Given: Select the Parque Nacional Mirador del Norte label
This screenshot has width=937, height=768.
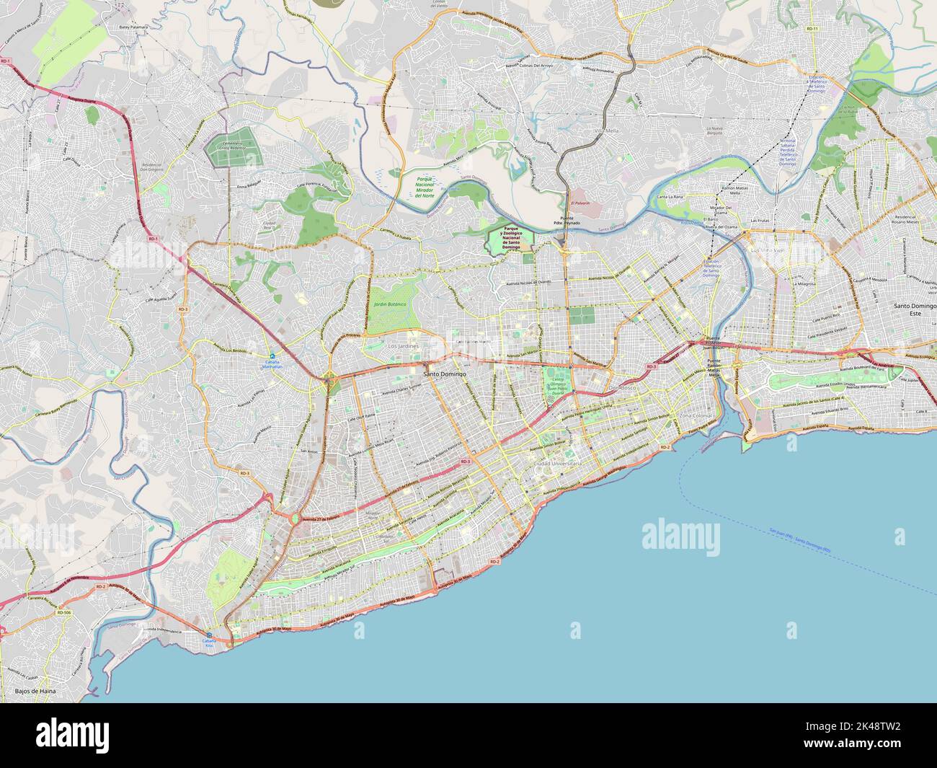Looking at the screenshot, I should [419, 186].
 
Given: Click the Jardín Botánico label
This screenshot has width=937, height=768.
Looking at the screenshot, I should [390, 305].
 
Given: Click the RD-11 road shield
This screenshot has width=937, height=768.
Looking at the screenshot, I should [812, 28].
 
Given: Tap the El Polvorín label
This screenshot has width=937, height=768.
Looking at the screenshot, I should [577, 203].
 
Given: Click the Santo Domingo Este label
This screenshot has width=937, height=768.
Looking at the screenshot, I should [914, 309].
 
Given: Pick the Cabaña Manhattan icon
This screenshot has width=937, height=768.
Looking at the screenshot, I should [272, 356].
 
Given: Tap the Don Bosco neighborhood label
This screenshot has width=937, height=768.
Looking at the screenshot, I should [623, 388].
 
